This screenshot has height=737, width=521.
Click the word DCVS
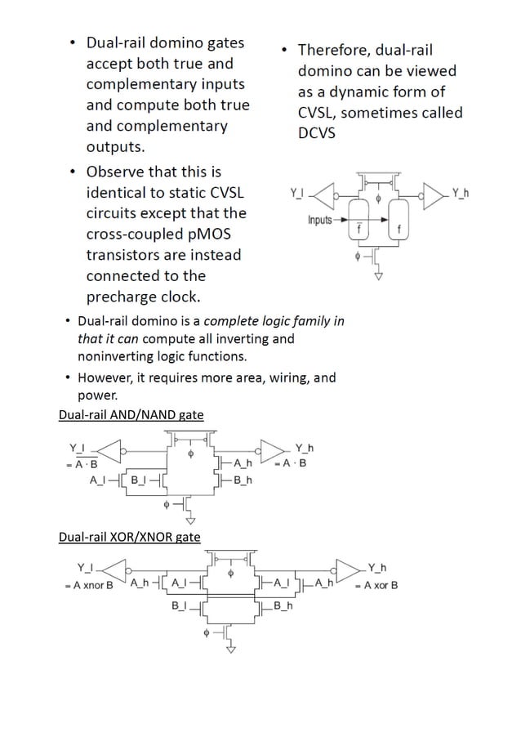pyautogui.click(x=316, y=133)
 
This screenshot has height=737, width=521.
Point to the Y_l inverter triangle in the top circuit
pyautogui.click(x=324, y=194)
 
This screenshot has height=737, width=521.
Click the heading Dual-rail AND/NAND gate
pyautogui.click(x=131, y=414)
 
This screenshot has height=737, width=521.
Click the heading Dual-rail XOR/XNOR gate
pyautogui.click(x=129, y=537)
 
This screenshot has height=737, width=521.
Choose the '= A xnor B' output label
pyautogui.click(x=89, y=586)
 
